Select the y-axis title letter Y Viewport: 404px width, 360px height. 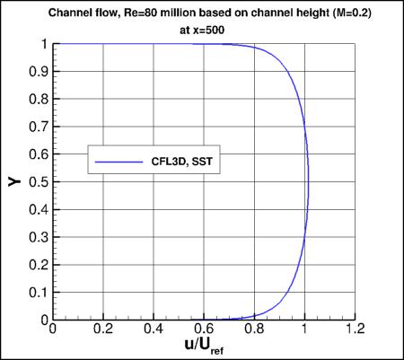(x=14, y=181)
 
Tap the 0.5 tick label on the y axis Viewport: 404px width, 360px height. (x=39, y=182)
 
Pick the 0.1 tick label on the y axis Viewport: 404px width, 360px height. (x=39, y=293)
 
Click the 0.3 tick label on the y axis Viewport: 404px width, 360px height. (x=39, y=237)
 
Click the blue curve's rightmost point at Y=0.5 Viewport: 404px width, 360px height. (x=310, y=182)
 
